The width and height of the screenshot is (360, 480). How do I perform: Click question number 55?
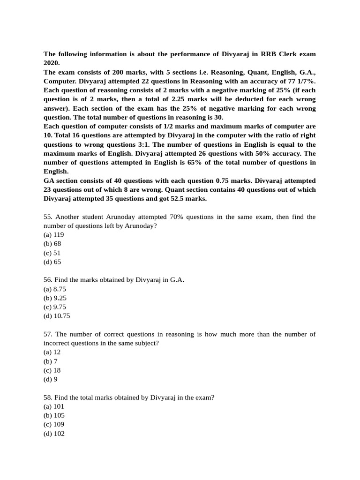48,217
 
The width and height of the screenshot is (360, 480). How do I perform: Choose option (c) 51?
52,253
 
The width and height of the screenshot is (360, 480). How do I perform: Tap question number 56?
48,280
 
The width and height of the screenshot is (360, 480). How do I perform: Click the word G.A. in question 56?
177,280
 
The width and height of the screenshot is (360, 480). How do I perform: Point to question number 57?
48,334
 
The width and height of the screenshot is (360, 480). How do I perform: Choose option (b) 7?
50,361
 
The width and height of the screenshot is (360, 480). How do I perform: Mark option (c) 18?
52,370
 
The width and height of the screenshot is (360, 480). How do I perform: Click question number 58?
48,397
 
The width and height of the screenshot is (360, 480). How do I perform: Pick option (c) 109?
53,425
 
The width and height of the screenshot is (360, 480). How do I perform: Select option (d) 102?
54,434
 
